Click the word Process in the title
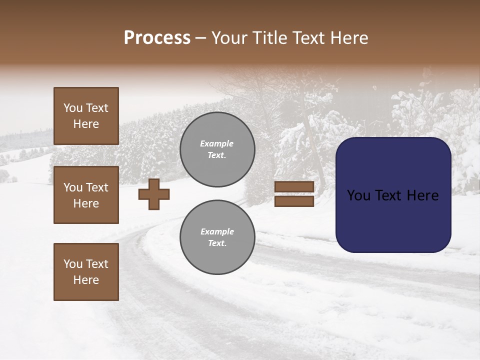(x=157, y=38)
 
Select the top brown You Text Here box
(x=86, y=116)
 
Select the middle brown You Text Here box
(x=86, y=195)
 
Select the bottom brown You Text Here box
(x=86, y=272)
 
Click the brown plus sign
(x=154, y=194)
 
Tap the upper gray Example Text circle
(x=217, y=149)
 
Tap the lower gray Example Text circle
(x=217, y=237)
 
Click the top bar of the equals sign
(x=294, y=187)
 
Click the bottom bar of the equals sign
(x=294, y=201)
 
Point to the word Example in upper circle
(x=217, y=143)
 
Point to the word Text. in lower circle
(x=217, y=243)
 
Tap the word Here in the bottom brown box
(x=86, y=280)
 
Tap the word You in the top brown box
(x=73, y=108)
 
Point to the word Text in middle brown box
(x=96, y=187)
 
